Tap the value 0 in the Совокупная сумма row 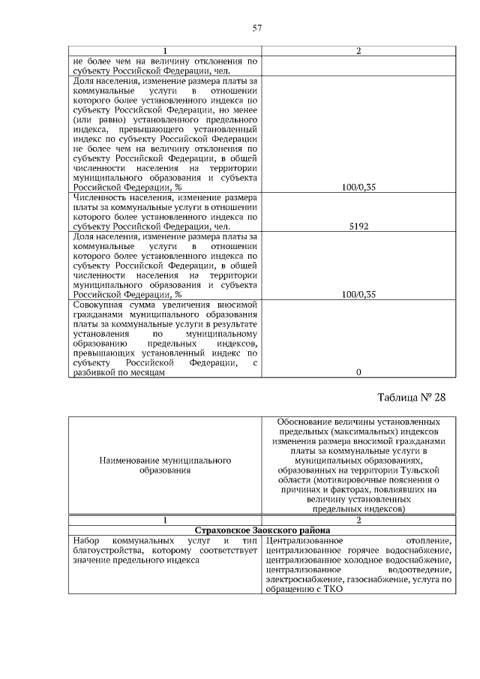pos(358,372)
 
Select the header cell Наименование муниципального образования pos(164,464)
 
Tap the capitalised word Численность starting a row pos(102,197)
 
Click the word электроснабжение pos(302,579)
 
